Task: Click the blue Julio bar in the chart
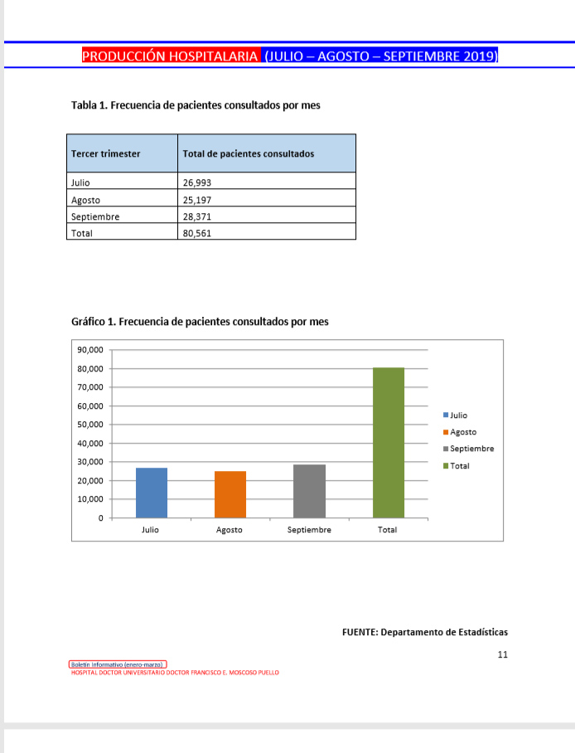pos(152,493)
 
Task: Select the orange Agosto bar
pos(230,494)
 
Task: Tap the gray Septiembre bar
pos(309,491)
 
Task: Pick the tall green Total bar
pos(388,443)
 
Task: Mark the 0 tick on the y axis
pos(101,518)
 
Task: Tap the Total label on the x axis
pos(387,530)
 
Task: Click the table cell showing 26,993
pos(196,182)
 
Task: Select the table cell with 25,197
pos(196,200)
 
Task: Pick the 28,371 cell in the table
pos(196,216)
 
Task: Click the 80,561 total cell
pos(196,233)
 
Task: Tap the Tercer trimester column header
pos(106,153)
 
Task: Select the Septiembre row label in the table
pos(95,216)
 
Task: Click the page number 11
pos(502,654)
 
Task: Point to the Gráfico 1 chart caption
pos(200,321)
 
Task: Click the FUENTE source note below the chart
pos(424,632)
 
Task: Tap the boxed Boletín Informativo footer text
pos(118,664)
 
